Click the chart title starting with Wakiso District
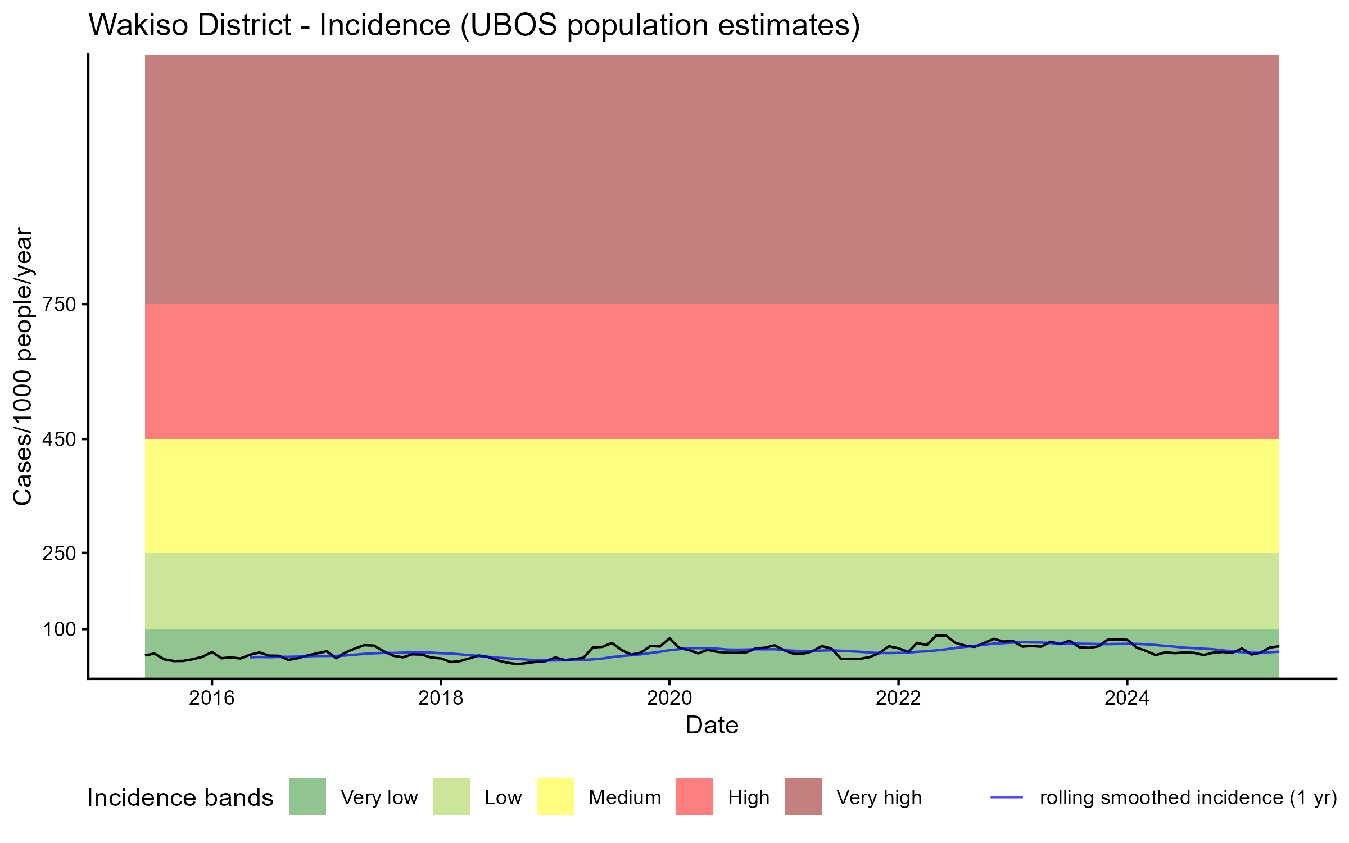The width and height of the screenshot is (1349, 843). pos(474,26)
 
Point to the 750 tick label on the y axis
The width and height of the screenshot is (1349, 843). pos(59,305)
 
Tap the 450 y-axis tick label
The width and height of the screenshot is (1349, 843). pos(59,439)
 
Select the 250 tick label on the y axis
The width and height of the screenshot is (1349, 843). pos(59,554)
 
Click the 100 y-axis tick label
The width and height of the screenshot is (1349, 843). pos(59,629)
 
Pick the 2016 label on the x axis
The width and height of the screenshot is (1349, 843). pos(211,698)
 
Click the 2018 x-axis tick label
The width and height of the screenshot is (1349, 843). pos(441,698)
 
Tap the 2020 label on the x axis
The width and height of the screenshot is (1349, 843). pos(669,698)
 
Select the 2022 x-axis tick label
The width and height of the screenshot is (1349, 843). pos(898,698)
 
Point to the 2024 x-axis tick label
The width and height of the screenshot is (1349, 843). pos(1127,698)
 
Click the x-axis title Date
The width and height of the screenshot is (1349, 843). pos(712,726)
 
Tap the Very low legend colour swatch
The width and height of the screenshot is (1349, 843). pos(307,797)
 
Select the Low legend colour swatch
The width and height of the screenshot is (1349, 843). pos(451,797)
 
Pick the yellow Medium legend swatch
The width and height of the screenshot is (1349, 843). pos(555,797)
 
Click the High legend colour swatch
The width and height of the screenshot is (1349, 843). pos(694,797)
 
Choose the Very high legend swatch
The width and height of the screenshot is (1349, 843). pos(803,797)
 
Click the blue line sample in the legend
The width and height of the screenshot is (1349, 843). pos(1006,797)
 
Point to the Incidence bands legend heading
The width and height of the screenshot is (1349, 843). pos(180,798)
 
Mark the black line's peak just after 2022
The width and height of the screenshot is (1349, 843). pos(941,636)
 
